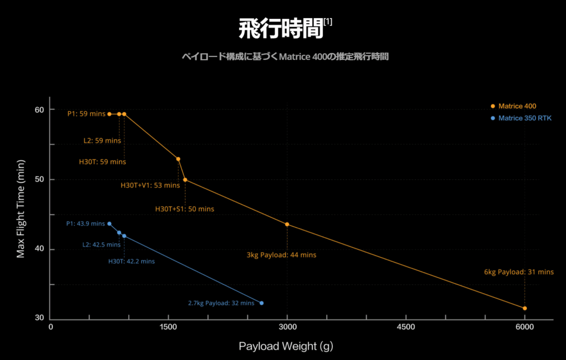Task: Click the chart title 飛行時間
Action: pyautogui.click(x=280, y=29)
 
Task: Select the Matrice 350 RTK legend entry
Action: pyautogui.click(x=525, y=118)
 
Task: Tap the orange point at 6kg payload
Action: pyautogui.click(x=525, y=308)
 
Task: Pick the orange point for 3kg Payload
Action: pyautogui.click(x=287, y=224)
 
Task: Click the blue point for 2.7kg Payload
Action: pyautogui.click(x=261, y=303)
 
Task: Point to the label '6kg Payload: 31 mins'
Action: pyautogui.click(x=518, y=272)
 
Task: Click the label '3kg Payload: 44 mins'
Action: pyautogui.click(x=281, y=255)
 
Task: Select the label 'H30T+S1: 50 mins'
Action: pyautogui.click(x=184, y=209)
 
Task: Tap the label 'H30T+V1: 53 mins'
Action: pyautogui.click(x=150, y=185)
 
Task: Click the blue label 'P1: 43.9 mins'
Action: pyautogui.click(x=85, y=223)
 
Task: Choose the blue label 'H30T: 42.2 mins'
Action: pyautogui.click(x=132, y=261)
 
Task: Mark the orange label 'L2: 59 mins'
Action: pyautogui.click(x=102, y=140)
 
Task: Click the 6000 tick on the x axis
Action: pyautogui.click(x=525, y=327)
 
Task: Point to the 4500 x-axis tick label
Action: pyautogui.click(x=406, y=327)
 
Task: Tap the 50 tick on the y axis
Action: pyautogui.click(x=39, y=180)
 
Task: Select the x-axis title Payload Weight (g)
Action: pyautogui.click(x=286, y=346)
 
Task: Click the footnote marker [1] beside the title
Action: pyautogui.click(x=328, y=22)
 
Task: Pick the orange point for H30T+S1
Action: pyautogui.click(x=185, y=180)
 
